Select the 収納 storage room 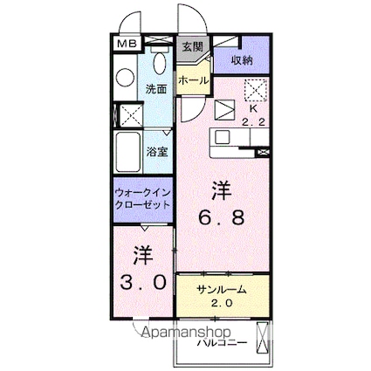point(242,60)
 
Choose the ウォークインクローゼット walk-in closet point(142,200)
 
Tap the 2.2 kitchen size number point(254,123)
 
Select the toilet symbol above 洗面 point(159,61)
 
